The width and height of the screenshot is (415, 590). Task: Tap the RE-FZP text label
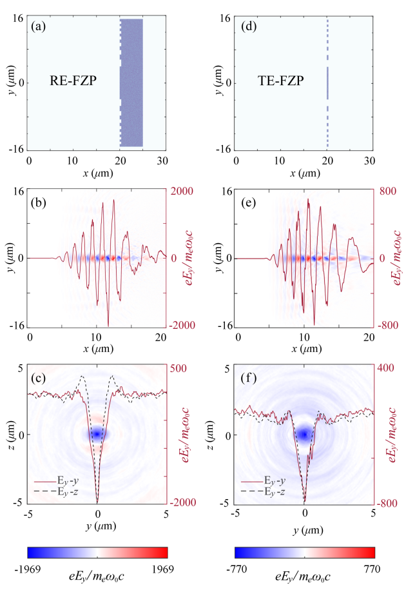coord(73,81)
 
